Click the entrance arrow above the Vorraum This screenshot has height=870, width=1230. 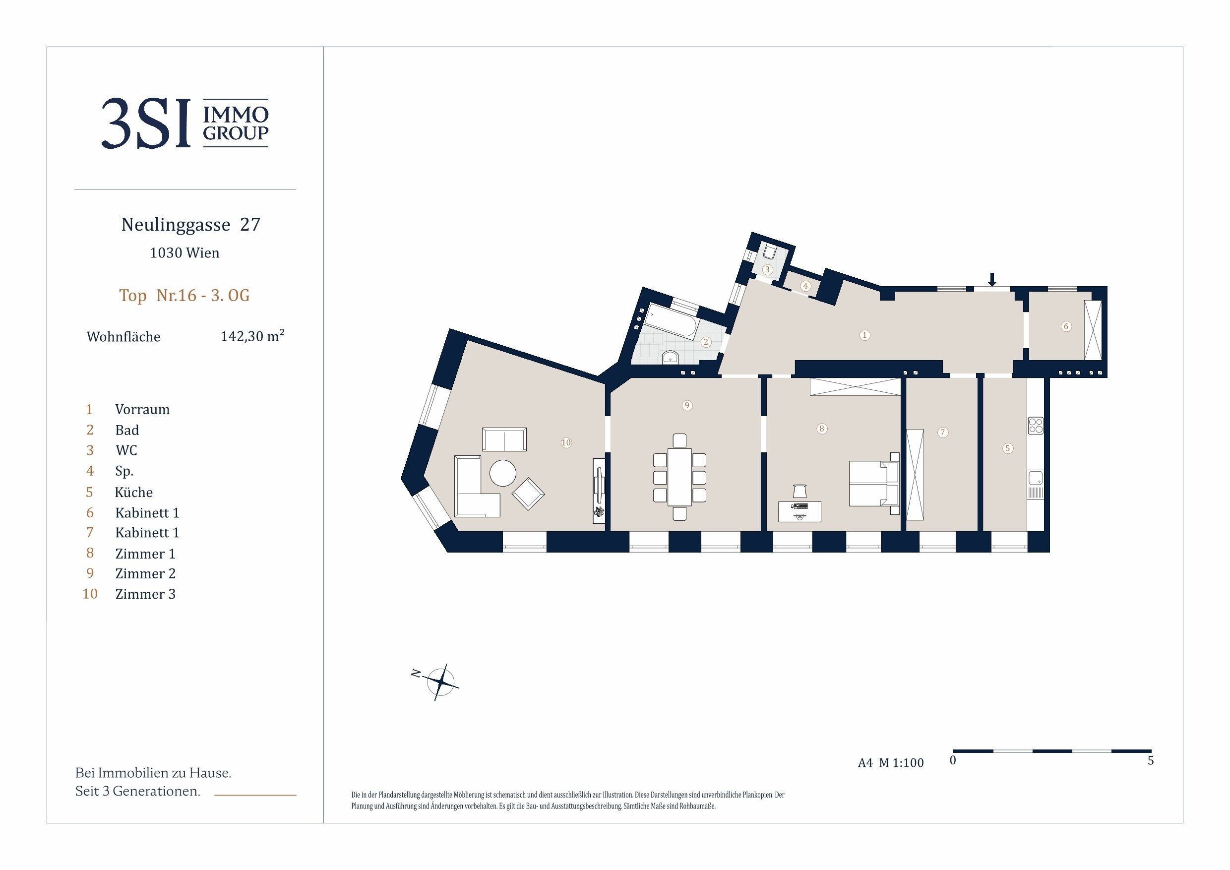(x=991, y=280)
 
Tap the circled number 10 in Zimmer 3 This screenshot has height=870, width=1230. (x=566, y=442)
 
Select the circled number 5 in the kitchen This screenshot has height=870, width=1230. (x=1008, y=448)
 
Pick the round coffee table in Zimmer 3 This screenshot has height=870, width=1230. (x=502, y=473)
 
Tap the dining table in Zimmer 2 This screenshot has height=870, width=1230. (x=679, y=477)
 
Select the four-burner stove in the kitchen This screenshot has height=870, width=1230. (x=1036, y=426)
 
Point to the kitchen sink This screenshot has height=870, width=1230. (x=1036, y=484)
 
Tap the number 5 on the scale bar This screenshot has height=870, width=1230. (x=1150, y=761)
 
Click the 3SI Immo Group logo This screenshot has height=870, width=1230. (x=185, y=123)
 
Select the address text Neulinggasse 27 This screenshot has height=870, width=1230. (x=191, y=225)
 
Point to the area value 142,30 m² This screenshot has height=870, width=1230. (x=252, y=336)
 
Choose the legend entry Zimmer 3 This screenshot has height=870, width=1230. (x=145, y=594)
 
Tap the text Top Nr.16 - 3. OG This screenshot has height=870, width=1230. (x=184, y=295)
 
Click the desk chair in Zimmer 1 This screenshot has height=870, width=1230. (x=799, y=491)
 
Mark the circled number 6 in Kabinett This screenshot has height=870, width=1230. (x=1066, y=326)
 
